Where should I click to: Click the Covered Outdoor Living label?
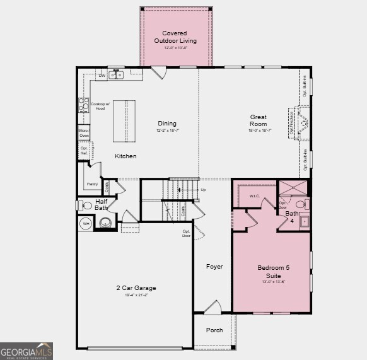(x=175, y=37)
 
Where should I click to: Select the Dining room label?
(x=167, y=124)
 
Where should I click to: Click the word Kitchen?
(x=125, y=156)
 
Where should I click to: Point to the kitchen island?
(x=124, y=121)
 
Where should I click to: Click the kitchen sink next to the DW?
(x=116, y=75)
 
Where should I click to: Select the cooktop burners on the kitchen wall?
(x=83, y=105)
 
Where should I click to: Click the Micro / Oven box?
(x=84, y=132)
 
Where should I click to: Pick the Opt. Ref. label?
(x=84, y=150)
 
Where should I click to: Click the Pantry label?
(x=90, y=185)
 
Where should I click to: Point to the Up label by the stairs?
(x=202, y=190)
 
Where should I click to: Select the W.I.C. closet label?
(x=255, y=195)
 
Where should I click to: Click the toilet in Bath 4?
(x=301, y=204)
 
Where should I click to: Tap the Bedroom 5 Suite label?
(x=274, y=272)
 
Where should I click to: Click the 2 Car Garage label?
(x=136, y=288)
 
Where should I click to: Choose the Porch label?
(x=214, y=330)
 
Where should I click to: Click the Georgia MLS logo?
(x=26, y=351)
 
